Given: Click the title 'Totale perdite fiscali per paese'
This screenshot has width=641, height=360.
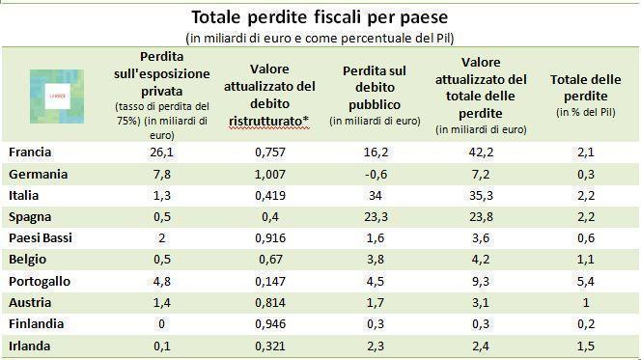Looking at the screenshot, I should pyautogui.click(x=320, y=16).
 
